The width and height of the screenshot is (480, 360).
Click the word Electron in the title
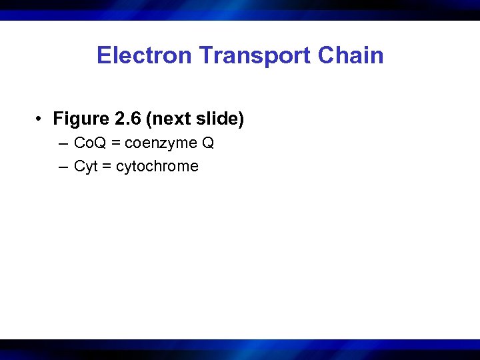click(135, 55)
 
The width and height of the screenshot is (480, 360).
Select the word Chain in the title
click(351, 55)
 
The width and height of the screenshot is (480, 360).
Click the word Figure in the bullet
click(81, 119)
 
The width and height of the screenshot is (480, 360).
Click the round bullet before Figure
click(41, 120)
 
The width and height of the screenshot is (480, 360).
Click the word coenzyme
click(159, 144)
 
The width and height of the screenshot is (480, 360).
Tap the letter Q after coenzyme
click(207, 143)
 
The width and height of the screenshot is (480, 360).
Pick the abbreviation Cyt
click(85, 167)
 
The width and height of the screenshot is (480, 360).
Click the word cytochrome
click(157, 167)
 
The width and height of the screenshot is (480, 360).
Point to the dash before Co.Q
click(63, 144)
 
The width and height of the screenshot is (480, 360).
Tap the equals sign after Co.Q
click(116, 144)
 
